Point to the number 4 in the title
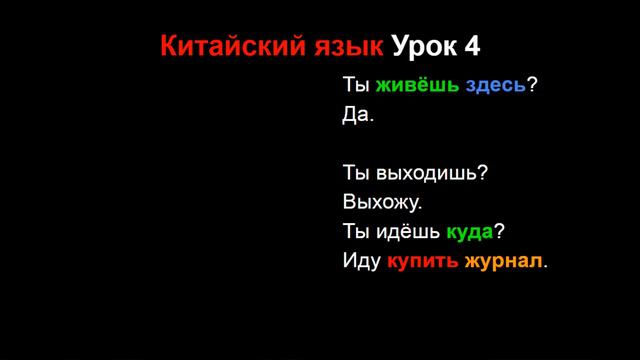pyautogui.click(x=472, y=46)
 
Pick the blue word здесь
pyautogui.click(x=496, y=85)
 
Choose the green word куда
pyautogui.click(x=469, y=232)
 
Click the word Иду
pyautogui.click(x=360, y=262)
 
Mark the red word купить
pyautogui.click(x=423, y=262)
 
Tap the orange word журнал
pyautogui.click(x=505, y=262)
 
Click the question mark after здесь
pyautogui.click(x=533, y=85)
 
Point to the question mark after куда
pyautogui.click(x=499, y=232)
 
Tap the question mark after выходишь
pyautogui.click(x=483, y=173)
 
